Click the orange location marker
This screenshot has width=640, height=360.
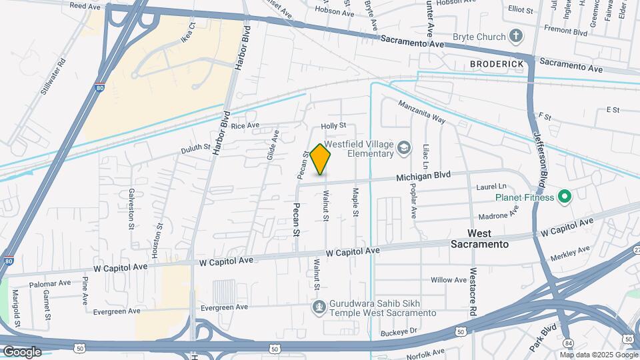point(321,160)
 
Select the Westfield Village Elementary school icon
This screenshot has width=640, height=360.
point(403,147)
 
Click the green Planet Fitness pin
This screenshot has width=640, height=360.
point(565,197)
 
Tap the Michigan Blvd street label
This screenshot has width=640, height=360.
point(423,177)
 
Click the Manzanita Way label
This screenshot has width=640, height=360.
point(421,111)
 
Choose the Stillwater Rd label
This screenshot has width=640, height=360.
point(54,77)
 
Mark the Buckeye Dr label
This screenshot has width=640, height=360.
point(399,331)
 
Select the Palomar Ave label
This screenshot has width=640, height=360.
point(50,283)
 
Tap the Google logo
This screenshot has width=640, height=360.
point(22,352)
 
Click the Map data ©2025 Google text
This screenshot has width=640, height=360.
point(602,355)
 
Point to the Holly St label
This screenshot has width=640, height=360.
point(333,125)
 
